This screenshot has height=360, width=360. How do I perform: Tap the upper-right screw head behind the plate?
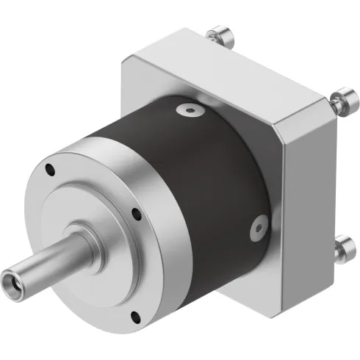tap(341, 101)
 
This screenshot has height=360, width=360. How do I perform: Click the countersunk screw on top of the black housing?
tap(191, 110)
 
